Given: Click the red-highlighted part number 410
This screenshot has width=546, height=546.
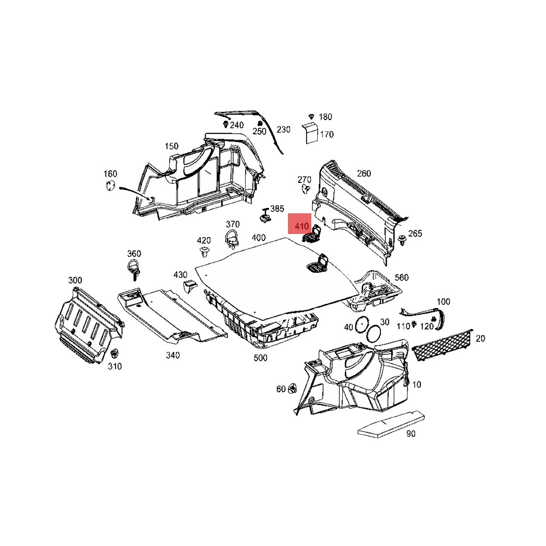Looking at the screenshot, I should click(301, 226).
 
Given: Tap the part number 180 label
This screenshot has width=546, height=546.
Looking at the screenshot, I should click(325, 117).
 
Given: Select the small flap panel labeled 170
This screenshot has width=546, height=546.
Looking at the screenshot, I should click(311, 132).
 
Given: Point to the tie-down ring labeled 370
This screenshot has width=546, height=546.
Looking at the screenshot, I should click(232, 239).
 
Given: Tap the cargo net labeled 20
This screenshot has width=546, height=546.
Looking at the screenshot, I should click(442, 345).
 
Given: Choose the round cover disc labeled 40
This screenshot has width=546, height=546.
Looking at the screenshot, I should click(362, 324).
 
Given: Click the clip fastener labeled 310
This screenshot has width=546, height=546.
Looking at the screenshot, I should click(115, 354).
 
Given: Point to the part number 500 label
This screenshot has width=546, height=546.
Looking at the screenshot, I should click(260, 358).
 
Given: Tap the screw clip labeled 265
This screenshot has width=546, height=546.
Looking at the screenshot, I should click(402, 239).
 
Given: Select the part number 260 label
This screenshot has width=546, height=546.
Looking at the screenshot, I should click(364, 173).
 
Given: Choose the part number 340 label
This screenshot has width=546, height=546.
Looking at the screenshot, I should click(172, 355).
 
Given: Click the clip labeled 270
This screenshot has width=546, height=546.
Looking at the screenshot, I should click(306, 188).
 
